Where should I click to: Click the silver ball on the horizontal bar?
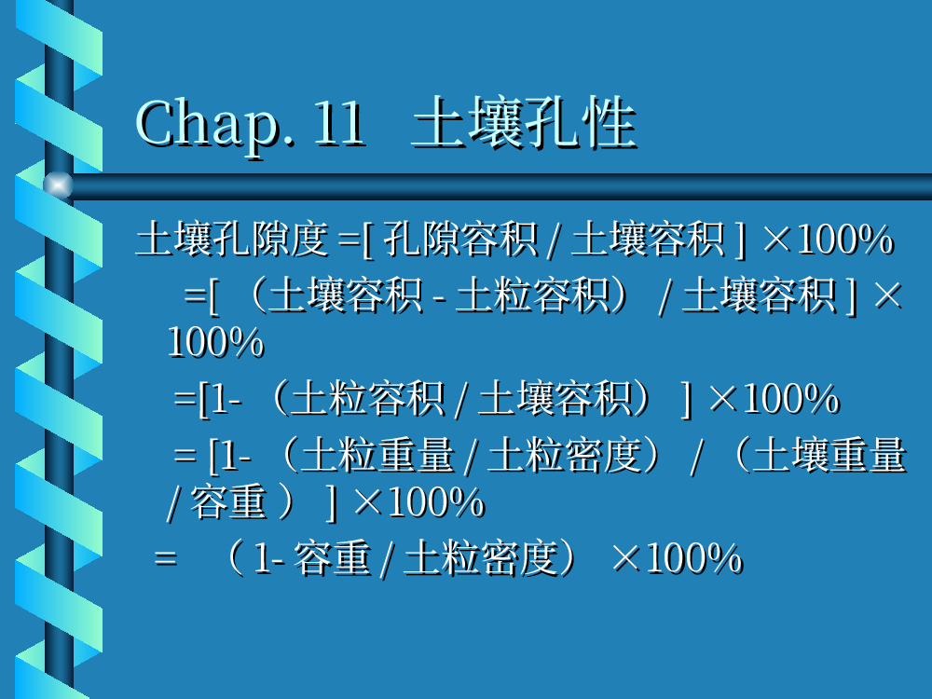pos(58,185)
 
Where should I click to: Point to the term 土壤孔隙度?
pos(232,239)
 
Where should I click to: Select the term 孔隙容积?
pos(460,239)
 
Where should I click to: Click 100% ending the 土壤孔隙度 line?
pos(844,239)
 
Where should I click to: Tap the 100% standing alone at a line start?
pos(215,342)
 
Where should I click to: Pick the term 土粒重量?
pos(377,456)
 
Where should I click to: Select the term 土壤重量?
pos(829,456)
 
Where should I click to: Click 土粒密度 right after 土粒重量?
pos(566,456)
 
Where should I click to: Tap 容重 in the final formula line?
pos(333,558)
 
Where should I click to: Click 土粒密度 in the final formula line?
pos(481,558)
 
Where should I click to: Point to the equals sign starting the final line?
pos(165,558)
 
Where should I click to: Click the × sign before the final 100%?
pos(626,558)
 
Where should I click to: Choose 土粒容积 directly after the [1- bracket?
pos(368,399)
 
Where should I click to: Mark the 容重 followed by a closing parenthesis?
pos(228,503)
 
